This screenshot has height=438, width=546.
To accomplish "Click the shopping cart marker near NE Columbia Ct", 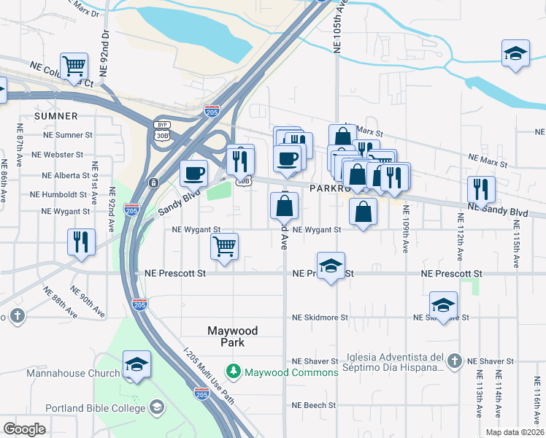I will pyautogui.click(x=74, y=66).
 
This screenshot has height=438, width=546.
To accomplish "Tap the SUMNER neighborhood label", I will pyautogui.click(x=55, y=116).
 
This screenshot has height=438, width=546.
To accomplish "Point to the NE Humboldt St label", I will pyautogui.click(x=60, y=195).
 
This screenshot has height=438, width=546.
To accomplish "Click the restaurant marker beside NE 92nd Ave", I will pyautogui.click(x=81, y=242).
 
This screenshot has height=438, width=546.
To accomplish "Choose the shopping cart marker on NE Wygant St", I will pyautogui.click(x=225, y=246).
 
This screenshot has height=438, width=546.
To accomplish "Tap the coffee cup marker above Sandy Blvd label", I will pyautogui.click(x=194, y=173).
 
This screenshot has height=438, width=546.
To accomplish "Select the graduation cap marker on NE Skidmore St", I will pyautogui.click(x=443, y=304).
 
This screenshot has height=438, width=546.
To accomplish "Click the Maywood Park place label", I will pyautogui.click(x=232, y=336).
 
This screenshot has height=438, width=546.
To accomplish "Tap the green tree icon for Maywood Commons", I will pyautogui.click(x=234, y=372).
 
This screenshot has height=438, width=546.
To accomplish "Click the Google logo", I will pyautogui.click(x=24, y=429).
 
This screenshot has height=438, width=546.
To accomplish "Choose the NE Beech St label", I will pyautogui.click(x=313, y=404).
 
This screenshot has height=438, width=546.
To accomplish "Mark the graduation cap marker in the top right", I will pyautogui.click(x=515, y=54).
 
